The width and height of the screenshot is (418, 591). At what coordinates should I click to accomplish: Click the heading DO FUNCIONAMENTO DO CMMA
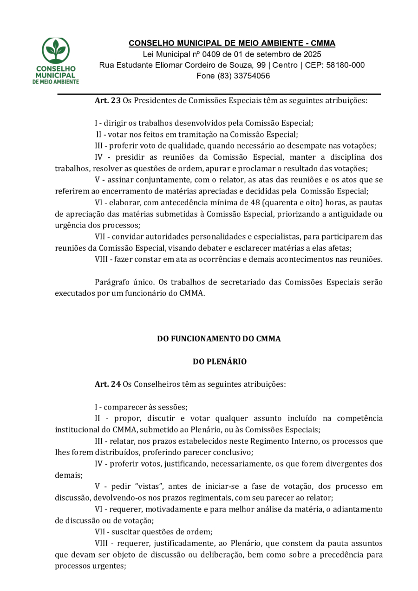(x=219, y=339)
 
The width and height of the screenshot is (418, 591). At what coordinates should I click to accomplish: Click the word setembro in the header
(x=250, y=54)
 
